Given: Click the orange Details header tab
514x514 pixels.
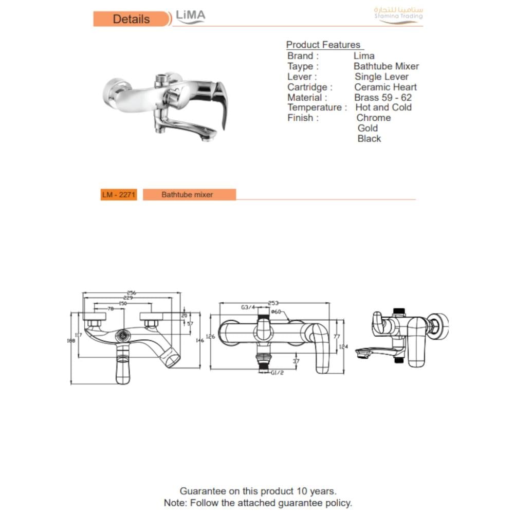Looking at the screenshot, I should pos(131,19).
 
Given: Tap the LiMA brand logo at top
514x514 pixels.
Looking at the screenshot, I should pos(190,16).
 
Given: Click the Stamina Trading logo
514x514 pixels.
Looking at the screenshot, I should pos(398,15).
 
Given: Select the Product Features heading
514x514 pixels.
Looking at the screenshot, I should pos(323,45).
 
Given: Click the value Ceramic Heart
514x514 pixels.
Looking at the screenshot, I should pos(385,87).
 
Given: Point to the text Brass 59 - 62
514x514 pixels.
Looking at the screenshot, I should pos(383,97).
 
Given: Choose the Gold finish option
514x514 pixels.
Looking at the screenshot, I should pos(368,128).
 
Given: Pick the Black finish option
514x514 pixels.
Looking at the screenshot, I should pos(369,138).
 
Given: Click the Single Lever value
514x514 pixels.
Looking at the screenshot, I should pos(381,77).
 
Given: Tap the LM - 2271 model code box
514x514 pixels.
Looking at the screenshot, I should pos(119,195).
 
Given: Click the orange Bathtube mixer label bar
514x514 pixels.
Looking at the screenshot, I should pos(189,195).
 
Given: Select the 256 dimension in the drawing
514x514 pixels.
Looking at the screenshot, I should pos(131,292).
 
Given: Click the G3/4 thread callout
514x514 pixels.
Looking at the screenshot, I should pos(248,307).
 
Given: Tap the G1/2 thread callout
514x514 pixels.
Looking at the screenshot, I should pos(277,373).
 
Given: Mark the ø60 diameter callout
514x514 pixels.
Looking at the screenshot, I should pos(276,311).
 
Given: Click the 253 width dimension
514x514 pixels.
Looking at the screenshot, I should pos(273,303).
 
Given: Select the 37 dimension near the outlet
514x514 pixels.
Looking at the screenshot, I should pos(296,361).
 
